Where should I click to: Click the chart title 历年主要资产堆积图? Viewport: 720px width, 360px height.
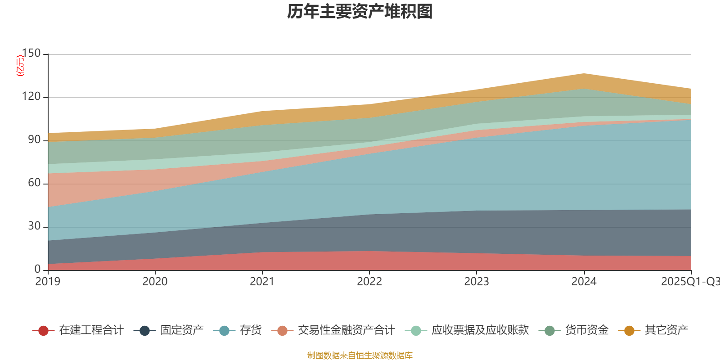(360, 12)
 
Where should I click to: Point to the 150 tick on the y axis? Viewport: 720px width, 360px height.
(31, 54)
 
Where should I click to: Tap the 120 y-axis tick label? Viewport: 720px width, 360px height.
(31, 97)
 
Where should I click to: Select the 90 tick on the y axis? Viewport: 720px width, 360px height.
(34, 140)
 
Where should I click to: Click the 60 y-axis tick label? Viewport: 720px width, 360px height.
(34, 183)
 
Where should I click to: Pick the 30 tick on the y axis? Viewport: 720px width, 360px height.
(34, 226)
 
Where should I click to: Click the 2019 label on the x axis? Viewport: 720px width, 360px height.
(48, 282)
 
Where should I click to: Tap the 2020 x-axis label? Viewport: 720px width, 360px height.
(155, 282)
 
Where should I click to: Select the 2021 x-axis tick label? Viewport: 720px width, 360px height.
(262, 282)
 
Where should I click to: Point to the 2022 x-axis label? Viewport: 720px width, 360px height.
(369, 282)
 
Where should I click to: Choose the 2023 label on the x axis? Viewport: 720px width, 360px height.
(477, 282)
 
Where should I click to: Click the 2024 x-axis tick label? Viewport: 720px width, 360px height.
(584, 282)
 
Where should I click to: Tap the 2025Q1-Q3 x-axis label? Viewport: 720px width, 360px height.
(689, 282)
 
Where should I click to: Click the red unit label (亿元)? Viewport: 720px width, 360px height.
(20, 66)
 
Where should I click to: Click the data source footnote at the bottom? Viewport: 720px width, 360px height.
(360, 355)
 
